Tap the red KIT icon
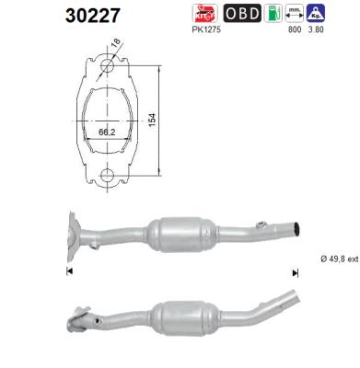[203, 14]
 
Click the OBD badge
[241, 14]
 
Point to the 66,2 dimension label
[107, 132]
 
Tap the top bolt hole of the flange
[108, 67]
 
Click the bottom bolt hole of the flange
[107, 175]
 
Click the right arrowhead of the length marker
[295, 272]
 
